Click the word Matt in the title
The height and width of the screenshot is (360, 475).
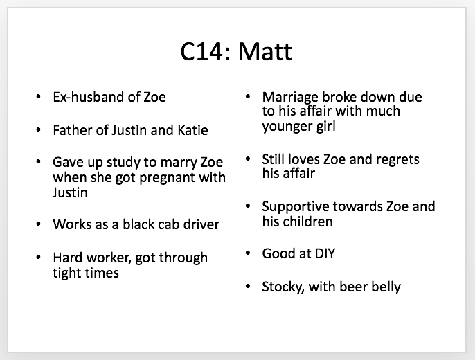coord(265,51)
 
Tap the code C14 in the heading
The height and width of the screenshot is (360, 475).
coord(203,51)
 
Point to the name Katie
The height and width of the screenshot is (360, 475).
coord(192,130)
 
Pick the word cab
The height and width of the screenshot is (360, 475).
coord(162,224)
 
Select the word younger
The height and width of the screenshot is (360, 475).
coord(287,127)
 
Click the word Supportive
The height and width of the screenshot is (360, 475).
coord(296,207)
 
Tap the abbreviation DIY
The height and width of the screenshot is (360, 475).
coord(325,253)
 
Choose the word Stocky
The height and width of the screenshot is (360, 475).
coord(283,287)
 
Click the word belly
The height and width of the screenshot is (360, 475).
coord(386,287)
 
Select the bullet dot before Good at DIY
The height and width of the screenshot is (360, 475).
coord(248,253)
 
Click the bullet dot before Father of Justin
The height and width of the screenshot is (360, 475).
coord(38,130)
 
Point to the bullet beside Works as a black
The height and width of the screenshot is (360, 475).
coord(38,224)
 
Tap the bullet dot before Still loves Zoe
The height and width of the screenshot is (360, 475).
coord(248,159)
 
